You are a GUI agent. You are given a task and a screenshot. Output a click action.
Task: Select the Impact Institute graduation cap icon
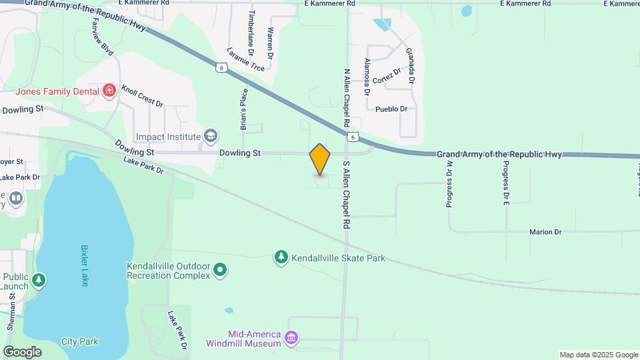[x=211, y=137]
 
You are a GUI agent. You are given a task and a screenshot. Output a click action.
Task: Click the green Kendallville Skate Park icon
[x=281, y=257]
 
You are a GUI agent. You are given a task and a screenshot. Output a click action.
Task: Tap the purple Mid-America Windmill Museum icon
[x=291, y=339]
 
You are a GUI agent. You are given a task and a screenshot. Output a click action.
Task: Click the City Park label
[x=79, y=341]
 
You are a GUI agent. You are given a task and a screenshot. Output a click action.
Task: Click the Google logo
[x=22, y=351]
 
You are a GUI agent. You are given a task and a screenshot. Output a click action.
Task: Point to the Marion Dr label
[x=545, y=232]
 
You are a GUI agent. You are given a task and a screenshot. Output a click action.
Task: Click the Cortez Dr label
[x=387, y=77]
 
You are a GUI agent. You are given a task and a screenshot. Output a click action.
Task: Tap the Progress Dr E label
[x=507, y=183]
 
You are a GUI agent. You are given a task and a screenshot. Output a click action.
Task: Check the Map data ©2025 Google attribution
[x=598, y=355]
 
